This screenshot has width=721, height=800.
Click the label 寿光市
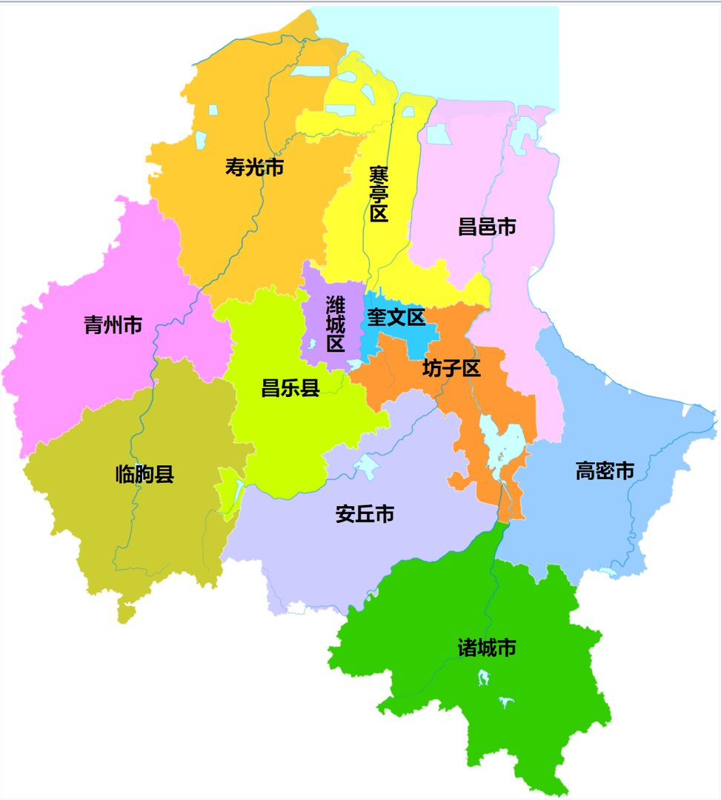(x=254, y=167)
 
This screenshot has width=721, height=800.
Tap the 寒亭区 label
(x=379, y=194)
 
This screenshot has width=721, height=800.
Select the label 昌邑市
(x=487, y=227)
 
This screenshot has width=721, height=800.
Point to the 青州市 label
(x=113, y=324)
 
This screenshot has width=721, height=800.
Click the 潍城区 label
(x=335, y=324)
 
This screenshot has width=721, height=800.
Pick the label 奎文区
(x=396, y=318)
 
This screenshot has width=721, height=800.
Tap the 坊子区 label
(x=452, y=368)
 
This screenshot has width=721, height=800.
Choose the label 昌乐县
(x=290, y=387)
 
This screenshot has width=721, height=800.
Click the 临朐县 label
(x=145, y=474)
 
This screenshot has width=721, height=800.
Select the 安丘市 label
(x=365, y=514)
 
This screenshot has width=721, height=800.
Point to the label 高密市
(x=605, y=470)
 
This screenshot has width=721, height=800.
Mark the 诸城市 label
(x=487, y=648)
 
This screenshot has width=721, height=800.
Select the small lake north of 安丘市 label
(x=365, y=466)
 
